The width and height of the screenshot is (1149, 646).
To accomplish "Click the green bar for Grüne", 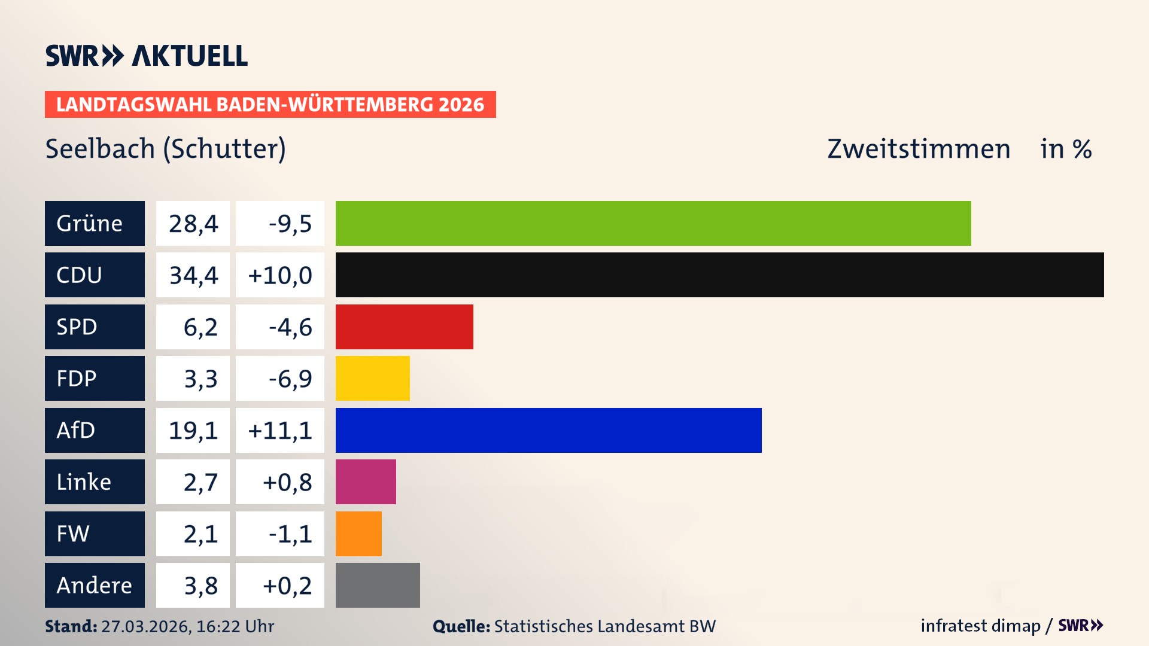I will [x=653, y=223].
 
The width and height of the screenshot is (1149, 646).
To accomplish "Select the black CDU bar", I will [x=719, y=275].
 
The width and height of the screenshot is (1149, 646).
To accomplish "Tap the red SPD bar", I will [x=404, y=327].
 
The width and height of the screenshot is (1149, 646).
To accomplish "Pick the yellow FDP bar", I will [x=372, y=378].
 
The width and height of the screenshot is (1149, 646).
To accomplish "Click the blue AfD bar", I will [x=548, y=430].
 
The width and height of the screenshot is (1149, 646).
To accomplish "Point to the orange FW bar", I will [x=358, y=534].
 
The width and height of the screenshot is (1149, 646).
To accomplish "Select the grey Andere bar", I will [x=378, y=585].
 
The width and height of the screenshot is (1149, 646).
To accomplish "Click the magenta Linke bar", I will [x=366, y=482].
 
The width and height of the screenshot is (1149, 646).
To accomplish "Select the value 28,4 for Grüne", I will [x=193, y=223].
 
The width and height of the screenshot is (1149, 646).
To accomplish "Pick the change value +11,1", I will [x=279, y=430].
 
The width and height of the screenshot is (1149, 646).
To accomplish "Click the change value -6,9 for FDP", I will [x=290, y=378].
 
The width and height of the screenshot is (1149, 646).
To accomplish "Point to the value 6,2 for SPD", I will [x=200, y=327].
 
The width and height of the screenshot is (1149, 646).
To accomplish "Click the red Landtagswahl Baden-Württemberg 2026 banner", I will [x=270, y=104].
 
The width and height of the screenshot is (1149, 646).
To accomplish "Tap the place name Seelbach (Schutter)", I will [x=166, y=148].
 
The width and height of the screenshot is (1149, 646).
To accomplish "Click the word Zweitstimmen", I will [x=919, y=148].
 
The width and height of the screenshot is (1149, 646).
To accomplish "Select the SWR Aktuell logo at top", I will [x=147, y=56].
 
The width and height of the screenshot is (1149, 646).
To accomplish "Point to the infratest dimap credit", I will [x=980, y=626].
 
